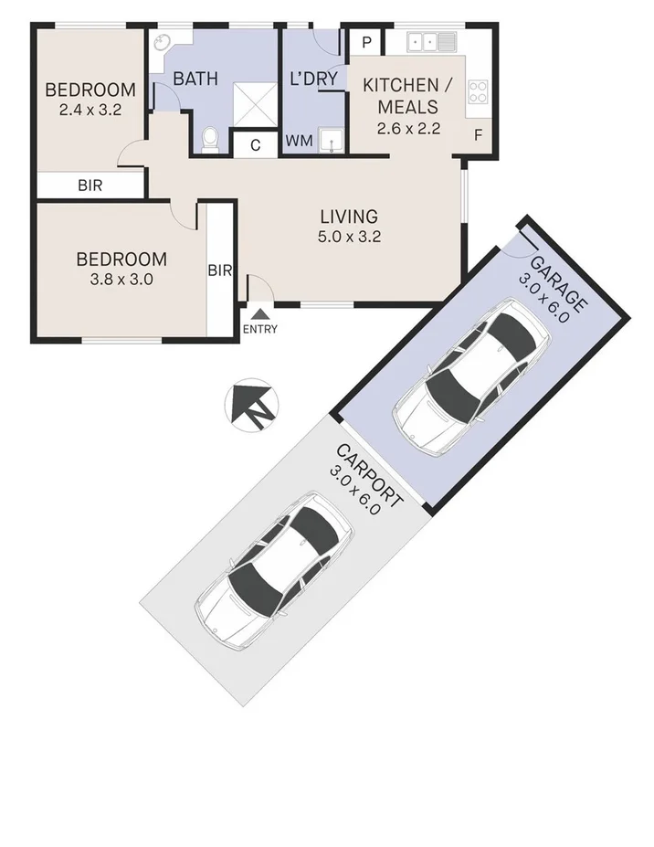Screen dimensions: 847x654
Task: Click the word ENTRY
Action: (x=260, y=330)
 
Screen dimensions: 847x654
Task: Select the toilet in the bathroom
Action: (x=210, y=139)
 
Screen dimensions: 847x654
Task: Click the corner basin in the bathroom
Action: (x=163, y=43)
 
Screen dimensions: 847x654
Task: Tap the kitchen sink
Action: (x=431, y=41)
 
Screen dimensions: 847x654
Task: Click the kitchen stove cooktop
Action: (x=478, y=90)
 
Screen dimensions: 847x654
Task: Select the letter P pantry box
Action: (x=365, y=42)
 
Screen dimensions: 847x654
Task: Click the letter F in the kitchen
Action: (x=478, y=136)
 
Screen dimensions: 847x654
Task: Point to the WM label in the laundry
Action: (x=299, y=141)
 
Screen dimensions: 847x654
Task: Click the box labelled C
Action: (x=256, y=144)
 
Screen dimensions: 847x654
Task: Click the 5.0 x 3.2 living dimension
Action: (x=349, y=237)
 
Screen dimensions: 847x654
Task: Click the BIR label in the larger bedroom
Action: (x=220, y=270)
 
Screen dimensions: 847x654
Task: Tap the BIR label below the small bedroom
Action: (x=90, y=185)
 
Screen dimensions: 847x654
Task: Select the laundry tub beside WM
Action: (x=333, y=140)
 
